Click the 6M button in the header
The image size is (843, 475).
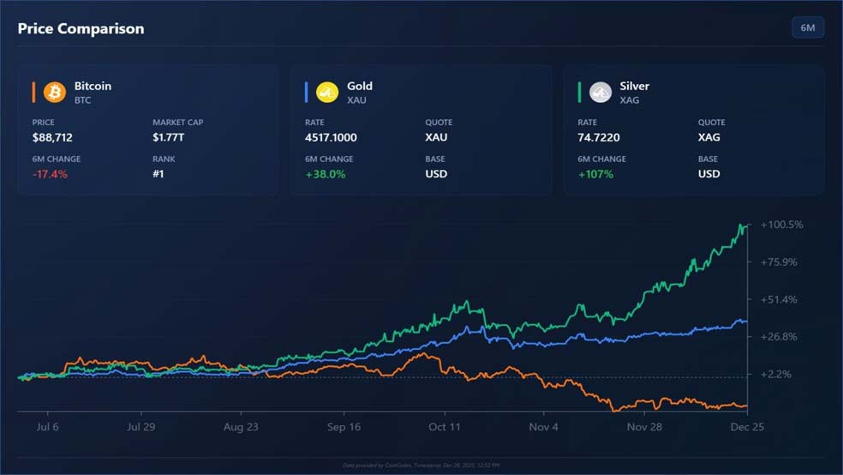(807, 28)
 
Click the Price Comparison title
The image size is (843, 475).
(81, 28)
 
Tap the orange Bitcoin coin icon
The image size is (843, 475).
(55, 92)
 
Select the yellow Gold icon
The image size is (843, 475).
(327, 92)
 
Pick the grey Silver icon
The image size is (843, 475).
(601, 92)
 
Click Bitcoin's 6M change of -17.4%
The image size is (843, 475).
(50, 174)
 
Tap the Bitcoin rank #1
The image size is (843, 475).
(158, 174)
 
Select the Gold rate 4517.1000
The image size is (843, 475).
(331, 137)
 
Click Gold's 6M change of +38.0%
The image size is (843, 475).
(325, 174)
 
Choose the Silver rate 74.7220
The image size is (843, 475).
(599, 137)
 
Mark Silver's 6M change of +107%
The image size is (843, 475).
(596, 174)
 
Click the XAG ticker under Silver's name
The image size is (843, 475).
(630, 100)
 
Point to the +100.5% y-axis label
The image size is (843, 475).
(780, 225)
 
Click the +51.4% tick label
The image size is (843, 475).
(778, 299)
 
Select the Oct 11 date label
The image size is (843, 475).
(445, 427)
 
